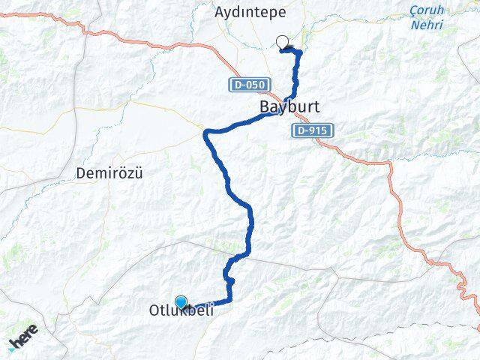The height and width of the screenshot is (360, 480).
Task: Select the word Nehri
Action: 427,25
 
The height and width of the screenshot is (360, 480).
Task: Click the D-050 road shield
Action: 244,85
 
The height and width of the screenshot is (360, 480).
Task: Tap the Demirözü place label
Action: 109,173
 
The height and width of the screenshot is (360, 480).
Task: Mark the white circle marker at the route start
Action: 282,42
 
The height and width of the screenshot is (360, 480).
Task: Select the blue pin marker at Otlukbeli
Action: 181,301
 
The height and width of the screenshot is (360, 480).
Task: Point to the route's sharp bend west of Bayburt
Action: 208,133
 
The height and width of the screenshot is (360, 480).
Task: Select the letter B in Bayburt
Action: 264,107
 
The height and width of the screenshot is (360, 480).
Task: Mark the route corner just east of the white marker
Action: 300,52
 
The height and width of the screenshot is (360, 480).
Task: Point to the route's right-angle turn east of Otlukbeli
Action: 229,300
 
